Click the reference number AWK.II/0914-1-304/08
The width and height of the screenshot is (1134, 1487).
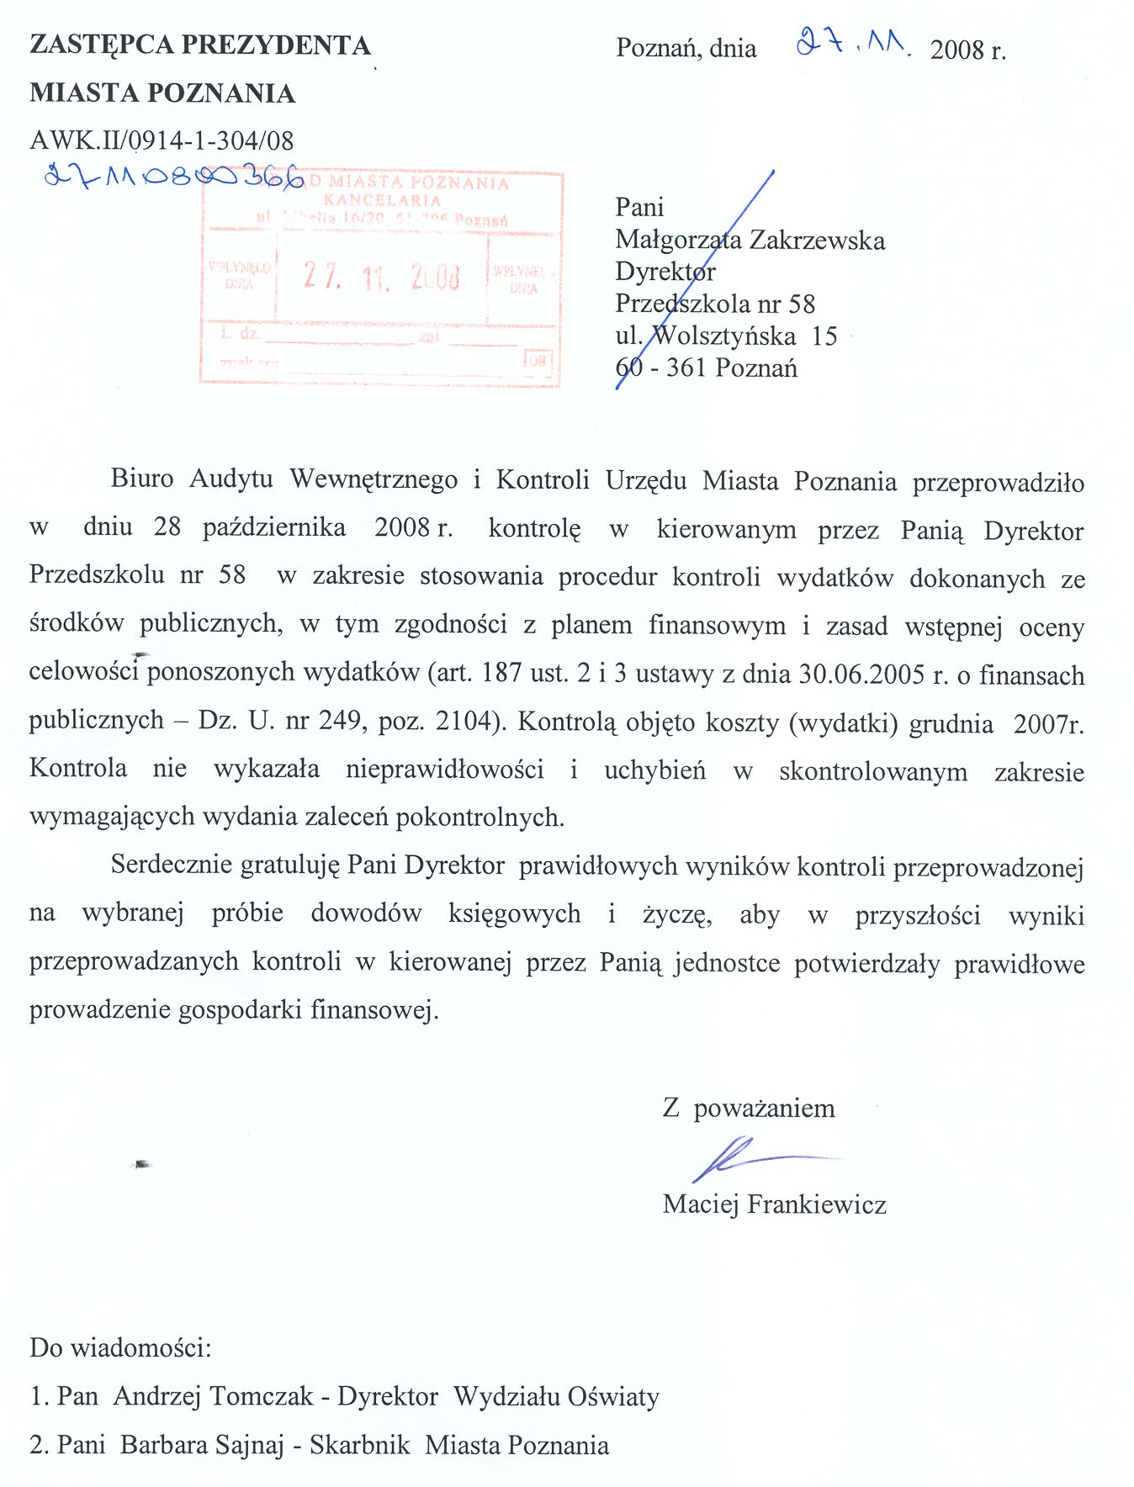point(162,140)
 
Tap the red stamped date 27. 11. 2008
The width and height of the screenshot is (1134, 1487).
point(382,276)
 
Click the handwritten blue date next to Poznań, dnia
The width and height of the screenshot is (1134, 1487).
point(851,42)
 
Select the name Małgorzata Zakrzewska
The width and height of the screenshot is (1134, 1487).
point(750,241)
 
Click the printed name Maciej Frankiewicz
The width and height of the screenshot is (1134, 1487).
point(774,1204)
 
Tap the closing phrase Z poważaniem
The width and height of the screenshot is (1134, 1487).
point(749,1108)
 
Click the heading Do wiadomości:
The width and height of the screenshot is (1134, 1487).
point(120,1347)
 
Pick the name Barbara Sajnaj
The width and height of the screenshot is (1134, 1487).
point(202,1445)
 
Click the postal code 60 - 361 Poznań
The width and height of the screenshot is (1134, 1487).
point(706,368)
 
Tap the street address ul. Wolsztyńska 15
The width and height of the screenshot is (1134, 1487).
point(726,336)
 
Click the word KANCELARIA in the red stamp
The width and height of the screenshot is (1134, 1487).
point(382,200)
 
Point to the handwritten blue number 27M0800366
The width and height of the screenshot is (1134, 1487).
point(172,176)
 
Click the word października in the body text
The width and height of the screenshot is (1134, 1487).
point(274,527)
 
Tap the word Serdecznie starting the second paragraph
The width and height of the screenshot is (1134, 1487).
point(172,865)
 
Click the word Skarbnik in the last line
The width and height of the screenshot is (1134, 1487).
point(360,1445)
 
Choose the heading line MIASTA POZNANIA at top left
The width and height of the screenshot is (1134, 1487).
point(162,93)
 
